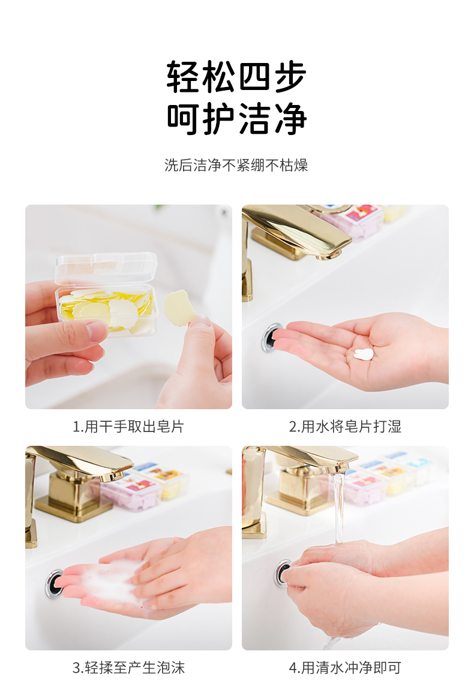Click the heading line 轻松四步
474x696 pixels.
236,77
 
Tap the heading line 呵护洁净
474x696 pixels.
236,119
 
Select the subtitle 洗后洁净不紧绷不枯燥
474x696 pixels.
236,165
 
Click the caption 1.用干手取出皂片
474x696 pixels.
128,427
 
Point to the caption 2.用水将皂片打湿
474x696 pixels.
345,427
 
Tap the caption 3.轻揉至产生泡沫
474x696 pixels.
128,668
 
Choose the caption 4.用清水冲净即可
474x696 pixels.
345,668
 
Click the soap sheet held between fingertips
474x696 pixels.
179,308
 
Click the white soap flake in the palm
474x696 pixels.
364,354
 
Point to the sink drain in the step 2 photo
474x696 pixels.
272,338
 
